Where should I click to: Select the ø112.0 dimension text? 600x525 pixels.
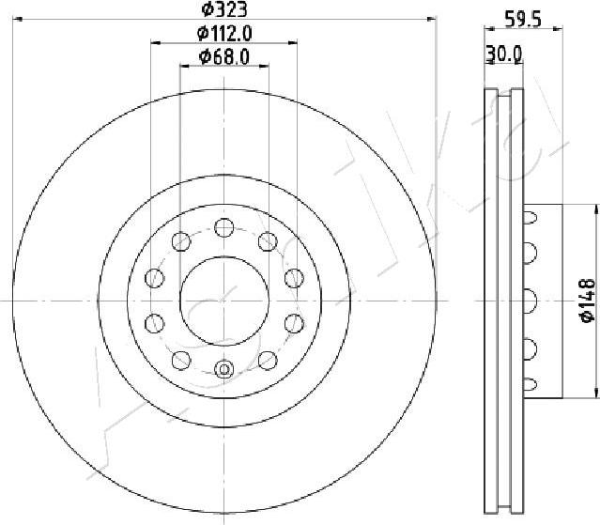226,35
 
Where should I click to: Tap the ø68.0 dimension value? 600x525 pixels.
225,58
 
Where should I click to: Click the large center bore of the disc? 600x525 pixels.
223,300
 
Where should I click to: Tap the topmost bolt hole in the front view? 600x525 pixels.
223,226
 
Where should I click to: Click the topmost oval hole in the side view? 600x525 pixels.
530,218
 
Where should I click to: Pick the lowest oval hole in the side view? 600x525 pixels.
530,383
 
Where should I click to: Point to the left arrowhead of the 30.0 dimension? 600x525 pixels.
487,64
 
